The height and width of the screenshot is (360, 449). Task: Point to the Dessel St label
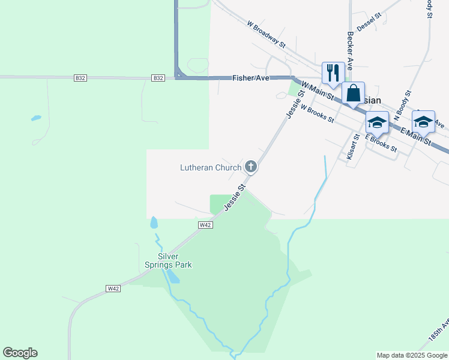369,23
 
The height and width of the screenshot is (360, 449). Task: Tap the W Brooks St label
317,113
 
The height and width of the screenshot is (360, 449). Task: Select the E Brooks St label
381,142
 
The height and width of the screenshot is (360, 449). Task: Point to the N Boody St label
402,105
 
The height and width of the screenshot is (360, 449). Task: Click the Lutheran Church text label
211,167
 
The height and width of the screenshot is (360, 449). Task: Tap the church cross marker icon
251,167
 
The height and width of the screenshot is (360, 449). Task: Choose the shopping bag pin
353,94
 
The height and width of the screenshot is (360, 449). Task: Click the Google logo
20,352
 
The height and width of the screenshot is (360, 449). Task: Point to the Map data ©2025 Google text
412,355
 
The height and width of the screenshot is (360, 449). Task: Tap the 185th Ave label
438,332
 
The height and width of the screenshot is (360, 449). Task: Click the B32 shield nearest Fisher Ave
158,78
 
